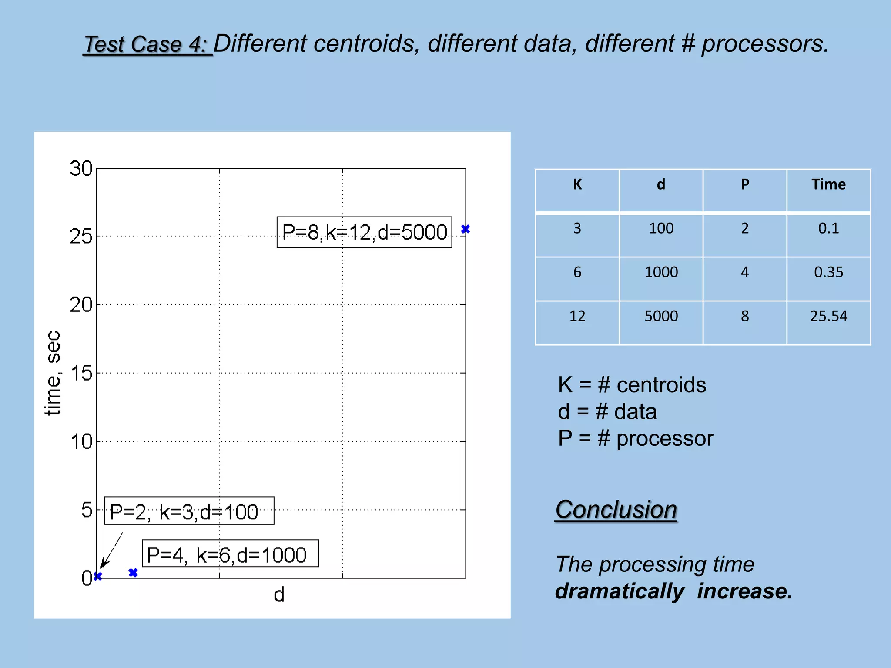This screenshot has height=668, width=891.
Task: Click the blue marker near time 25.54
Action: coord(465,229)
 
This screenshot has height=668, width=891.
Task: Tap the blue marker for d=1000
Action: coord(133,572)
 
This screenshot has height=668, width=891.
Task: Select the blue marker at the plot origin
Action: coord(98,576)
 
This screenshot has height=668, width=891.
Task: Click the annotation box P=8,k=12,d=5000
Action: coord(364,232)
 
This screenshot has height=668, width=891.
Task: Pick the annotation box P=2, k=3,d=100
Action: coord(189,511)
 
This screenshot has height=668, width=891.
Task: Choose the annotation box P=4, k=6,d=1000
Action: coord(230,554)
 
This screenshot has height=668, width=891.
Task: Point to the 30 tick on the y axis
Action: coord(81,169)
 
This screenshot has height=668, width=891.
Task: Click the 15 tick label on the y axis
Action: coord(81,373)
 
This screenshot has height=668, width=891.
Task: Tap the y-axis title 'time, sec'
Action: coord(53,373)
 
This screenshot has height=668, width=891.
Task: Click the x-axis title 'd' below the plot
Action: coord(279,595)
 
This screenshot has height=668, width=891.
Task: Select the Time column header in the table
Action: coord(828,184)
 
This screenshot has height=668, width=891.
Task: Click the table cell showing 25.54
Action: coord(828,316)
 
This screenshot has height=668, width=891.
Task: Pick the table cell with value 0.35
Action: coord(828,272)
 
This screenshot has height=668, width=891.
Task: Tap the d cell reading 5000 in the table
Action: coord(661,316)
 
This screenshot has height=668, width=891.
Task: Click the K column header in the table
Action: coord(577,184)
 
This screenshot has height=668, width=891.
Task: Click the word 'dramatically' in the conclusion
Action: coord(620,591)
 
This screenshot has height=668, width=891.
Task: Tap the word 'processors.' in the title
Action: coord(765,44)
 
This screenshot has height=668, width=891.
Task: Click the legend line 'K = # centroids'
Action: coord(632,385)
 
